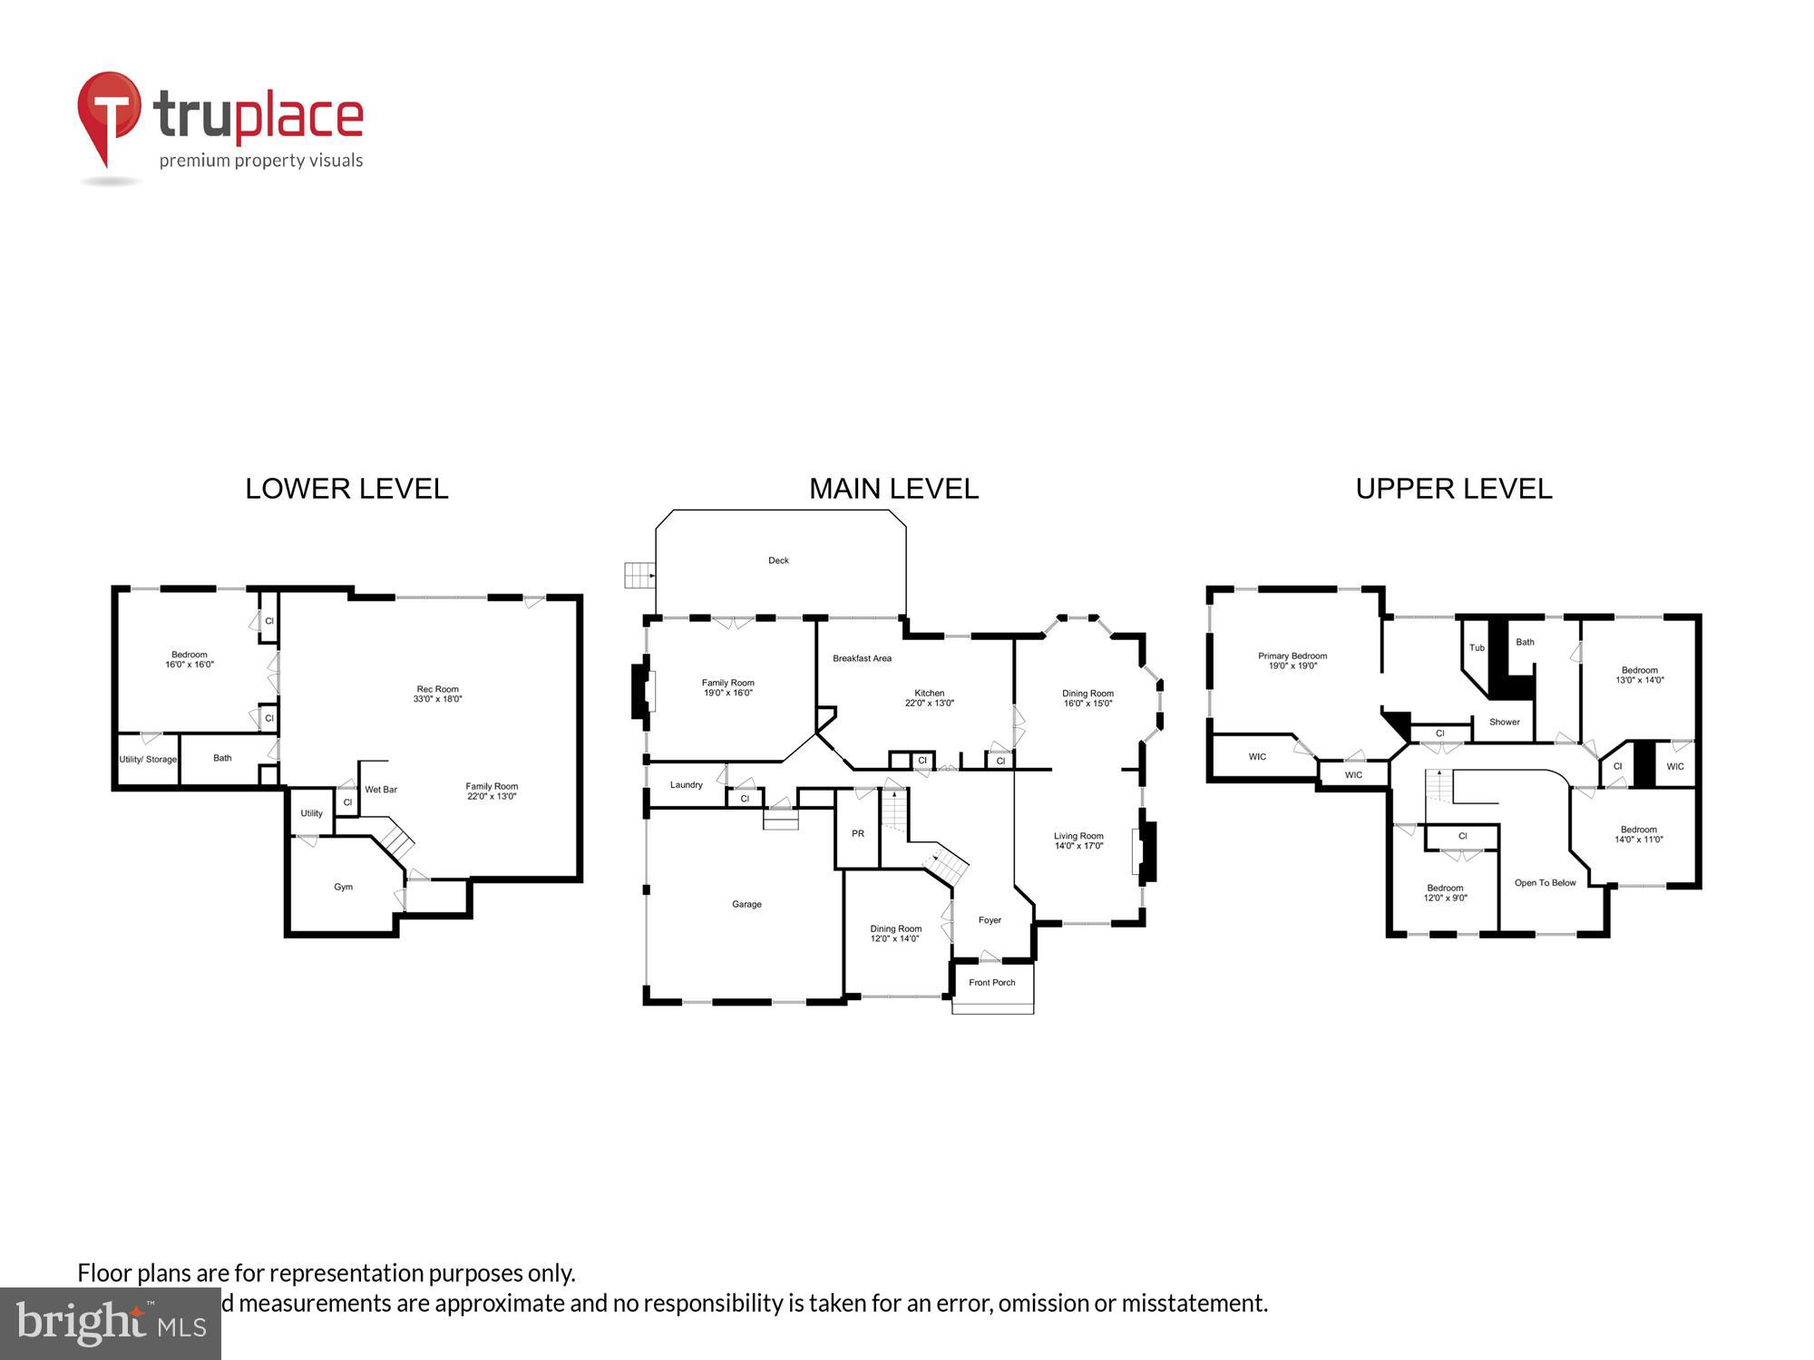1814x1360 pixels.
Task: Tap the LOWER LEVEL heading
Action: tap(346, 489)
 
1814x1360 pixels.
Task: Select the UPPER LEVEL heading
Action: tap(1453, 489)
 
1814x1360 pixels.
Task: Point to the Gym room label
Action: tap(343, 887)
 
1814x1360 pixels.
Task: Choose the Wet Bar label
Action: tap(381, 790)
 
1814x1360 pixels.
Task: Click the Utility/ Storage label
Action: tap(148, 759)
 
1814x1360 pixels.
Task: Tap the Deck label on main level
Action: tap(778, 560)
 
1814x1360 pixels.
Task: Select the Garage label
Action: tap(746, 904)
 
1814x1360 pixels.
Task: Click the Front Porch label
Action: tap(991, 982)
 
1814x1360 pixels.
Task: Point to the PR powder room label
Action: tap(857, 833)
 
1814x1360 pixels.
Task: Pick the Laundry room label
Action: tap(686, 784)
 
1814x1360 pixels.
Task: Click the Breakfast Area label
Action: tap(862, 658)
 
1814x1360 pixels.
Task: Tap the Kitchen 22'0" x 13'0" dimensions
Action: tap(929, 703)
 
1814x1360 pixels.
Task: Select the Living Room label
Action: tap(1078, 836)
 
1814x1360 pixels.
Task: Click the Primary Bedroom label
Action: tap(1292, 656)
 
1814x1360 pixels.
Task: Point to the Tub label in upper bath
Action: tap(1477, 647)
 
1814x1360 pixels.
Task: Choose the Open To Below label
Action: tap(1545, 882)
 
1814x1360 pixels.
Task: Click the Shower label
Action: tap(1504, 722)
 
